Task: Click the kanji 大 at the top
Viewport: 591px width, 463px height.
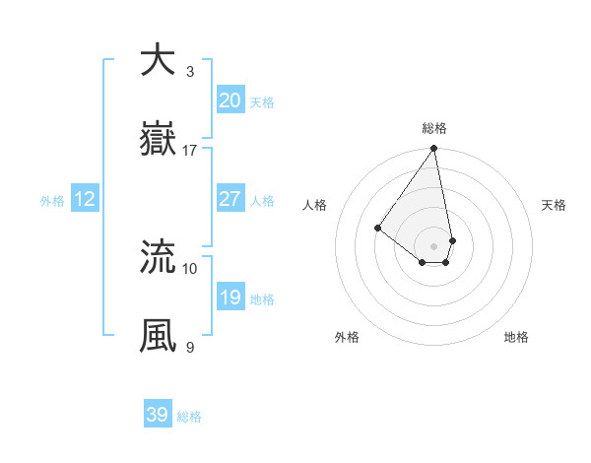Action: (x=158, y=59)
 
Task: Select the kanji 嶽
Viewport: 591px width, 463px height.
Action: (x=158, y=139)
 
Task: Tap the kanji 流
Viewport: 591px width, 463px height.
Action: (x=158, y=257)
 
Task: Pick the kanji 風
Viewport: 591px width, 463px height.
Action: (x=158, y=336)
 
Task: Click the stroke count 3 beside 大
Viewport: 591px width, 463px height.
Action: (x=189, y=71)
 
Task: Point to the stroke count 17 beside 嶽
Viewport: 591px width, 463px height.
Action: (x=190, y=151)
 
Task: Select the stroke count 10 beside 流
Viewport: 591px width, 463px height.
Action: (x=190, y=269)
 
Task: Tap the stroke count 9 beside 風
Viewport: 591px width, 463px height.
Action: (x=189, y=348)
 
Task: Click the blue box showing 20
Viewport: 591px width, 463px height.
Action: (x=230, y=100)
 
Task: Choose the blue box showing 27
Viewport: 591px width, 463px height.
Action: (x=230, y=199)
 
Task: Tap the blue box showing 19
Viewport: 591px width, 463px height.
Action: (x=230, y=298)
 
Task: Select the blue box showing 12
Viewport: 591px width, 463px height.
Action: (x=85, y=199)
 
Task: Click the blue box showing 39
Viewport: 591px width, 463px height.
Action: (x=158, y=415)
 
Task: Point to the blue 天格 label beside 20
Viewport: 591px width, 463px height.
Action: (x=261, y=102)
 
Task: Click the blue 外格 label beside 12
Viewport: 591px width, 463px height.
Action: (x=52, y=201)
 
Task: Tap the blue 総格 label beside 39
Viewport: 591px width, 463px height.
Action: (x=189, y=417)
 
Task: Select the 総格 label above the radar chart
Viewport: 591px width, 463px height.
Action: (x=434, y=129)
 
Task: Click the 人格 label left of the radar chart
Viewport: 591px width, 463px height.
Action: (x=315, y=205)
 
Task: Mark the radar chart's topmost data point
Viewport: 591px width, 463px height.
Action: (x=434, y=150)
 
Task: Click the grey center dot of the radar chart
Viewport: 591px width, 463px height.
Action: (x=434, y=245)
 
